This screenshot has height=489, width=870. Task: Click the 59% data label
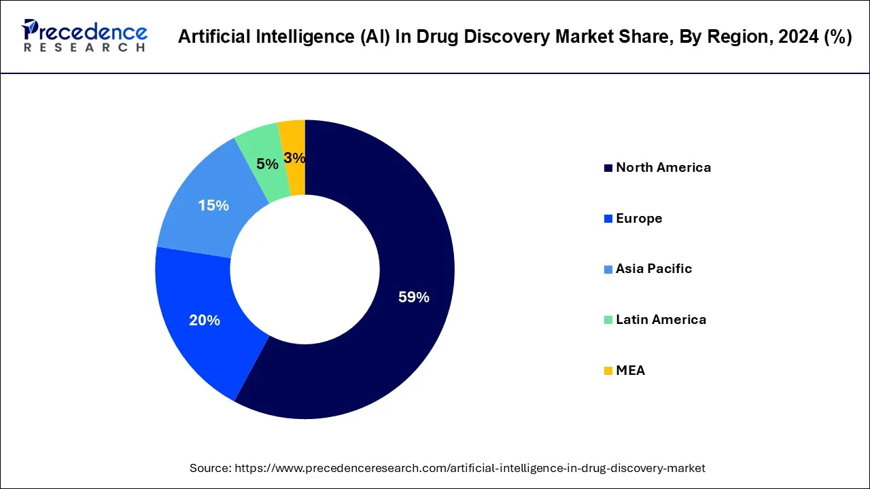coord(413,297)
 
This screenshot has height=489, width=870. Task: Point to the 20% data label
coord(205,321)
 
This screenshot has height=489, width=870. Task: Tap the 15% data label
coord(213,205)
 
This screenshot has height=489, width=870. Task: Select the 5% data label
coord(267,164)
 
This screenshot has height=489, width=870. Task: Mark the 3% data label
coord(294,158)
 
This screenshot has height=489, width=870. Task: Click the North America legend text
coord(663,168)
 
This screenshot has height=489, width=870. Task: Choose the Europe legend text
coord(639,219)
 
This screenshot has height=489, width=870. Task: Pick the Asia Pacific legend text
coord(654,269)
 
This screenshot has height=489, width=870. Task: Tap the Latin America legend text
coord(661,320)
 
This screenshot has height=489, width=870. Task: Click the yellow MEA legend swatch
coord(608,371)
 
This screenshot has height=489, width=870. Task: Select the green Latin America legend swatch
coord(608,320)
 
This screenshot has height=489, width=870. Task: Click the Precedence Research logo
coord(84,35)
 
